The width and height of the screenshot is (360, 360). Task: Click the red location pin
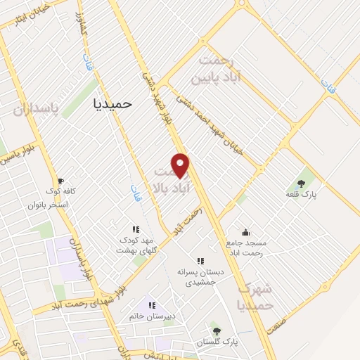pyautogui.click(x=181, y=165)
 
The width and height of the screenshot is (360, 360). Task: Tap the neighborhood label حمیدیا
pyautogui.click(x=112, y=103)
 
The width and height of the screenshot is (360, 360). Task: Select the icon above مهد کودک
pyautogui.click(x=136, y=229)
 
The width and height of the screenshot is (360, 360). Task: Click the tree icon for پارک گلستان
pyautogui.click(x=216, y=331)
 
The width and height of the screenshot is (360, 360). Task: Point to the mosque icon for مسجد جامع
pyautogui.click(x=245, y=231)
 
